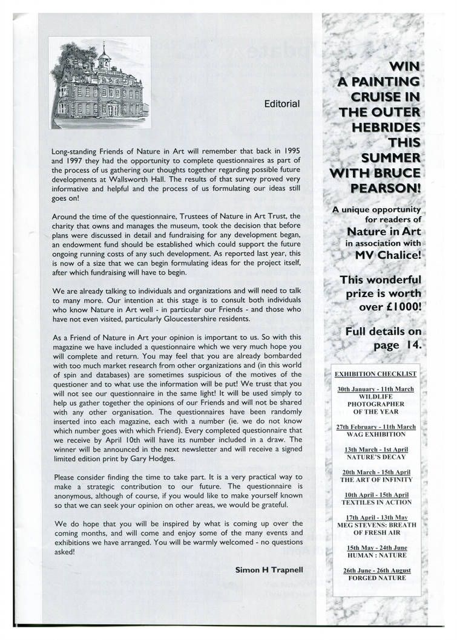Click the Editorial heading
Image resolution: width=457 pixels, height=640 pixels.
281,103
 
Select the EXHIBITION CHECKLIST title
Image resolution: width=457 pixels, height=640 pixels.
380,373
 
